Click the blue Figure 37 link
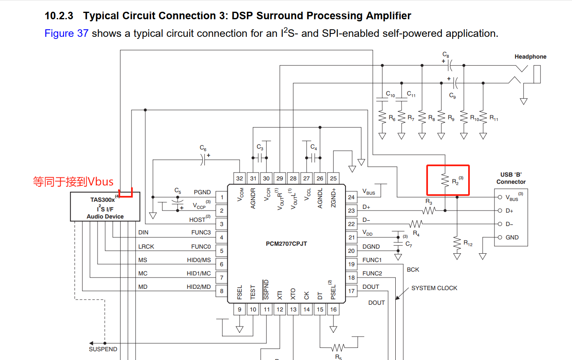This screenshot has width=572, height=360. click(67, 33)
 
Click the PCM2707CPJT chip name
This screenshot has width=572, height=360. click(286, 244)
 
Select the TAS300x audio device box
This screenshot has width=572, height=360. click(105, 206)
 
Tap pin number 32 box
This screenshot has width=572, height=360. click(240, 178)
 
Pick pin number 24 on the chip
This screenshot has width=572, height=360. click(351, 197)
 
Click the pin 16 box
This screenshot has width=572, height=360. click(333, 309)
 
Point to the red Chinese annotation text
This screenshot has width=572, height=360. click(73, 182)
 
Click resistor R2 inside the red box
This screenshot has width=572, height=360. click(445, 180)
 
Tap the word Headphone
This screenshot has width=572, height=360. click(531, 57)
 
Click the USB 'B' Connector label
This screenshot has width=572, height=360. click(511, 178)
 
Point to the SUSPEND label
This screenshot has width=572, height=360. click(103, 349)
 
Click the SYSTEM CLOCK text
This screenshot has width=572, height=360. click(434, 288)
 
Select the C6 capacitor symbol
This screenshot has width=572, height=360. click(203, 160)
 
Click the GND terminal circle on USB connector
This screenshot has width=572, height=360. click(500, 237)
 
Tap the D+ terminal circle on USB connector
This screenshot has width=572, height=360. click(500, 211)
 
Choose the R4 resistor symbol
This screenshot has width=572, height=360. click(416, 224)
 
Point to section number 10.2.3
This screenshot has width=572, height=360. click(59, 16)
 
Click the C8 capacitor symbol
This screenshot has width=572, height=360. click(450, 65)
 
